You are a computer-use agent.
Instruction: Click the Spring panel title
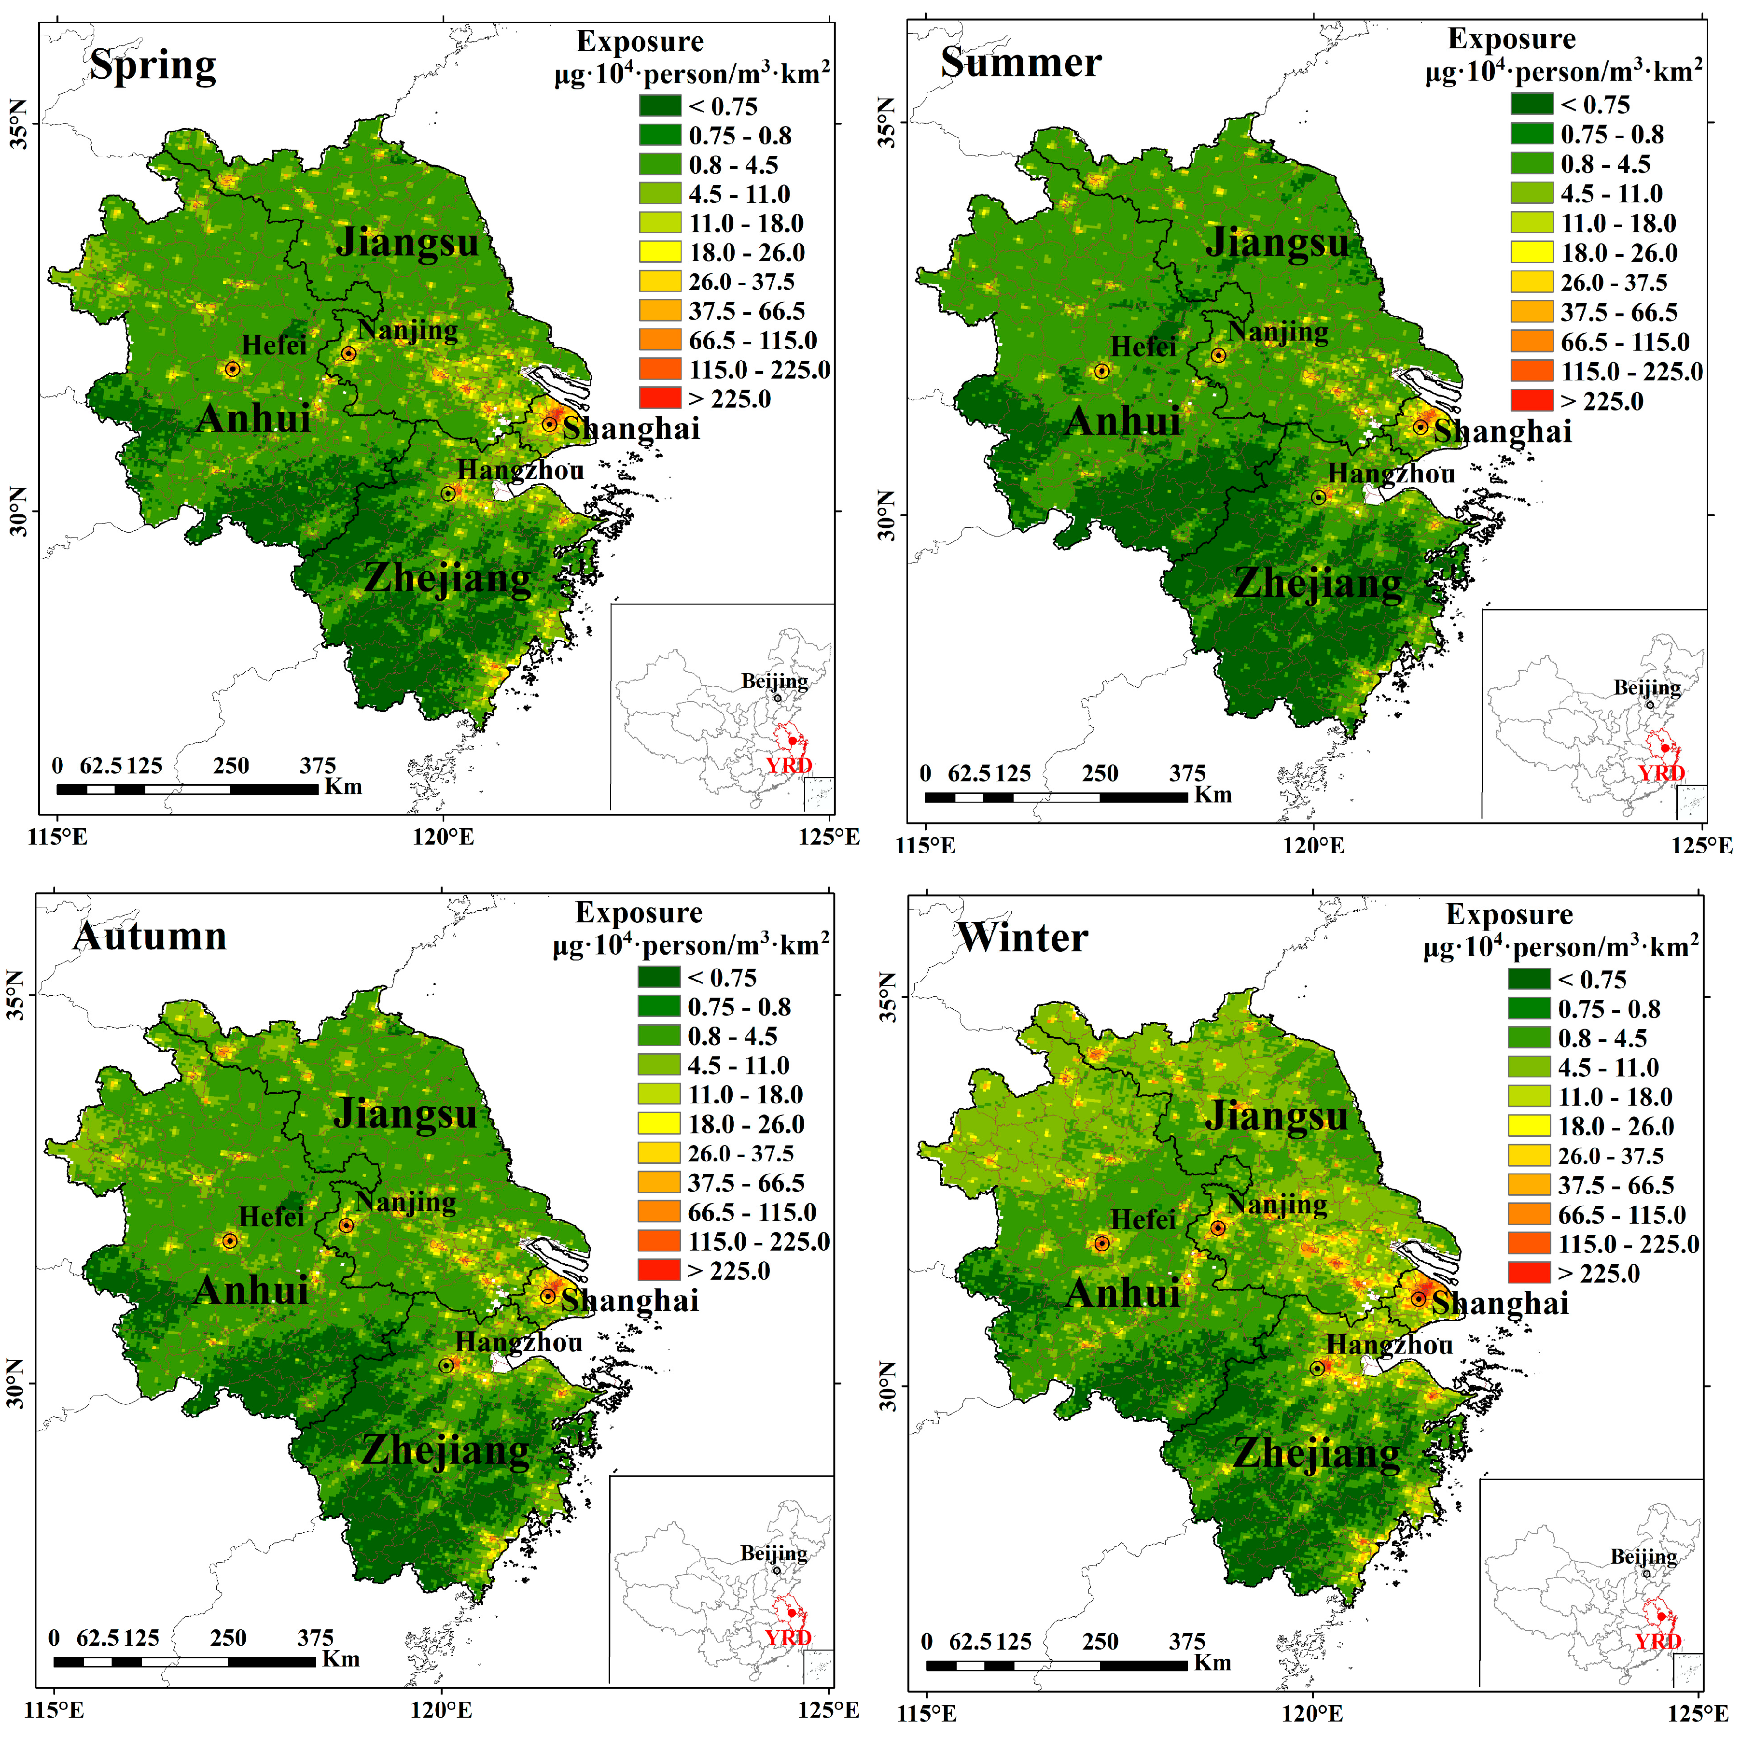tap(153, 66)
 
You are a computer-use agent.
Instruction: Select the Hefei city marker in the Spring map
tap(233, 368)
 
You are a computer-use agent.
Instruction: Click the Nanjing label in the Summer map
tap(1278, 333)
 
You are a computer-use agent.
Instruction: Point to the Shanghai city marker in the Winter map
tap(1419, 1299)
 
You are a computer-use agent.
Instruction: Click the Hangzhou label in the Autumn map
tap(518, 1342)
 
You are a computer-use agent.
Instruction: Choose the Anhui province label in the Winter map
tap(1123, 1294)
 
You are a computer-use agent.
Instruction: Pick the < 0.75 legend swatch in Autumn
tap(659, 977)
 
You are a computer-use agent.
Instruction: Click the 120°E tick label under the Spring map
tap(443, 837)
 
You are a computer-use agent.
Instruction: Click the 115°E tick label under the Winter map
tap(927, 1713)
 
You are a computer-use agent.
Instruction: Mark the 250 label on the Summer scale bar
tap(1100, 774)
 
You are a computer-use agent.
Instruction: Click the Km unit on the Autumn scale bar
tap(341, 1659)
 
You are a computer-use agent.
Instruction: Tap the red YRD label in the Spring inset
tap(789, 765)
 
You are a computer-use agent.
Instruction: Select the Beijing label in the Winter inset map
tap(1644, 1557)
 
